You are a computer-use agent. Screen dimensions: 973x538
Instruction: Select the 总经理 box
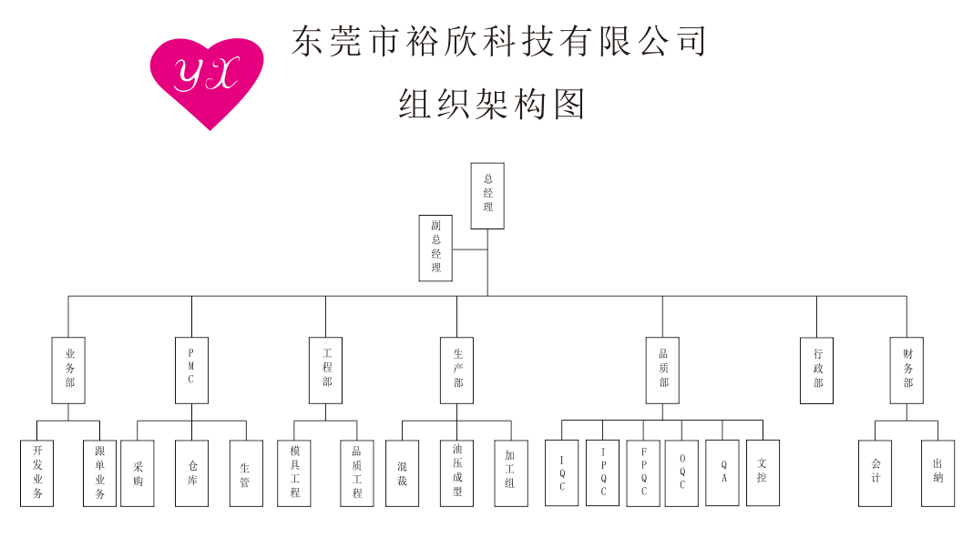coord(487,196)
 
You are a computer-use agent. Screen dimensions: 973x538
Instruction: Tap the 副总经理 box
coord(435,248)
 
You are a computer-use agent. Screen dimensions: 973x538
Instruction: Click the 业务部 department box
coord(68,370)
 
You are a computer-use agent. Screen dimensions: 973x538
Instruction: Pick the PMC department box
coord(191,370)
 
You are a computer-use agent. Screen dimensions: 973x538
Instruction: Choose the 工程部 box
coord(326,370)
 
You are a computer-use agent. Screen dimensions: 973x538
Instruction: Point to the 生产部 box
coord(456,370)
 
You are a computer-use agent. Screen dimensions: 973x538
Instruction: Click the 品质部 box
coord(662,370)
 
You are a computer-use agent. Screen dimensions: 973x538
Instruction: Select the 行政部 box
coord(816,370)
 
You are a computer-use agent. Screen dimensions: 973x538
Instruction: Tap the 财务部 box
coord(906,370)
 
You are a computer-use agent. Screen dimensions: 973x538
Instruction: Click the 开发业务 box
coord(36,473)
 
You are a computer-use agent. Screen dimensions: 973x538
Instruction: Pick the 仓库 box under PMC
coord(191,473)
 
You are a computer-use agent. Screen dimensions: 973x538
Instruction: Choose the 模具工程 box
coord(294,473)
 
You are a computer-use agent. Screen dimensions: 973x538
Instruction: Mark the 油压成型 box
coord(456,473)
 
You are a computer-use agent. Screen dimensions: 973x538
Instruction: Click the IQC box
coord(561,473)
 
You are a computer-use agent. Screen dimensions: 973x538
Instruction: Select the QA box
coord(722,473)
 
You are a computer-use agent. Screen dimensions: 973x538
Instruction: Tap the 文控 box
coord(763,473)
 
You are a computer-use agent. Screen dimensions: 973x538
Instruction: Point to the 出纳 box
coord(937,473)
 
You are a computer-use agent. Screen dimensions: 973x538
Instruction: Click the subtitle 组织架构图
coord(491,104)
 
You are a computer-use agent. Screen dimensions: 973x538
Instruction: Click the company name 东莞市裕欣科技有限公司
coord(499,41)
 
